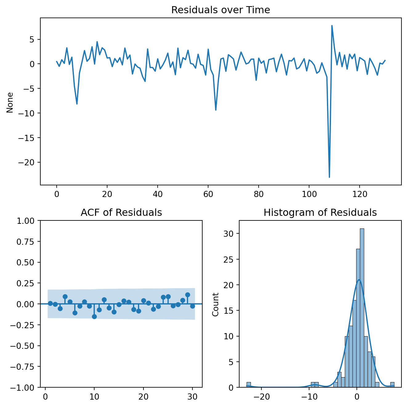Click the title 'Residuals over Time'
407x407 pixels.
coord(220,10)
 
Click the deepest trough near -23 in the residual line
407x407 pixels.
coord(329,177)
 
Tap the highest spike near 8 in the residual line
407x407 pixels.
coord(332,26)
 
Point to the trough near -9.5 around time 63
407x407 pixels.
coord(216,110)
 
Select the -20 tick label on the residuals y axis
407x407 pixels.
coord(27,162)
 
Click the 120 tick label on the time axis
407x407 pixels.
coord(359,194)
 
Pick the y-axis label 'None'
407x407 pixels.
coord(10,103)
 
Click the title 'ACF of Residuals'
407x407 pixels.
coord(121,213)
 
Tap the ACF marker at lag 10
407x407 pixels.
coord(94,316)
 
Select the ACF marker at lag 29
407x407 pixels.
coord(187,295)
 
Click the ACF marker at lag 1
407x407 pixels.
coord(50,303)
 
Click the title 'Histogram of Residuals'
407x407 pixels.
coord(320,213)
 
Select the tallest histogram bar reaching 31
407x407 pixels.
coord(362,308)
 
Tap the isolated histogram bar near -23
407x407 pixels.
coord(248,385)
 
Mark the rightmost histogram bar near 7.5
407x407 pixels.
coord(392,385)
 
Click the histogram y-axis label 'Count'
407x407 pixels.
coord(216,304)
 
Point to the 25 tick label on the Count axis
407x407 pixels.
coord(228,259)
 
